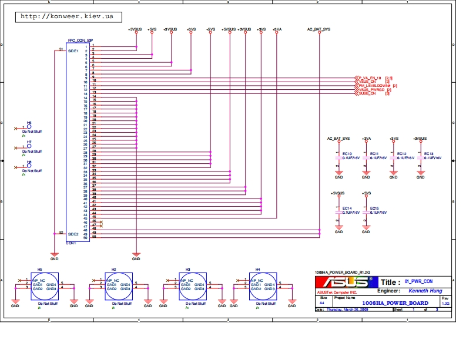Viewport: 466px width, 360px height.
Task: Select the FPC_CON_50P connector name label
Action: tap(80, 41)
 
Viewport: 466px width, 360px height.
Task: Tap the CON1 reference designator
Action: tap(71, 242)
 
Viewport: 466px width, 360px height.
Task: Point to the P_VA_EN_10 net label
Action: tap(370, 78)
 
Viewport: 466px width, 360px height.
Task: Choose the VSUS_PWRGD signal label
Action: tap(371, 90)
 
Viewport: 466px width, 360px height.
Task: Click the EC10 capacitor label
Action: tap(347, 153)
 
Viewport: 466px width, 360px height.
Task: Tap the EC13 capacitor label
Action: tap(428, 153)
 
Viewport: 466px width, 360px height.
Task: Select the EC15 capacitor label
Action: tap(374, 208)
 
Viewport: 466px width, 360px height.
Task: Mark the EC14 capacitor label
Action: tap(347, 208)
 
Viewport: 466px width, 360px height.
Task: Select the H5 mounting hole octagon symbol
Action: tap(45, 286)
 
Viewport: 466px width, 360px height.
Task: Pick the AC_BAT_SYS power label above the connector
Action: tap(319, 29)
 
